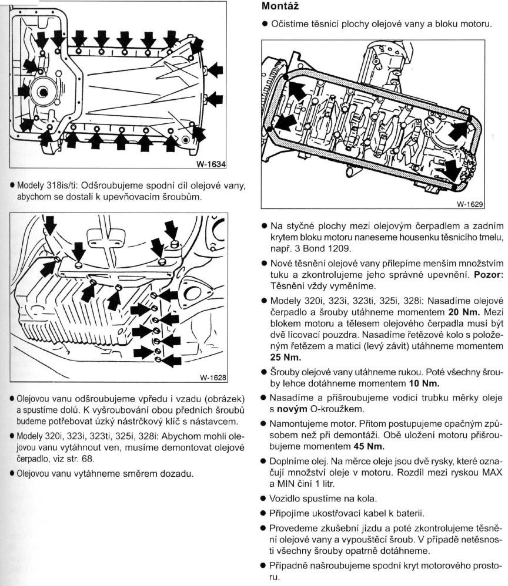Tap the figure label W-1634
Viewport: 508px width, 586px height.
click(211, 164)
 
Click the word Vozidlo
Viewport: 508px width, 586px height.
click(288, 499)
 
